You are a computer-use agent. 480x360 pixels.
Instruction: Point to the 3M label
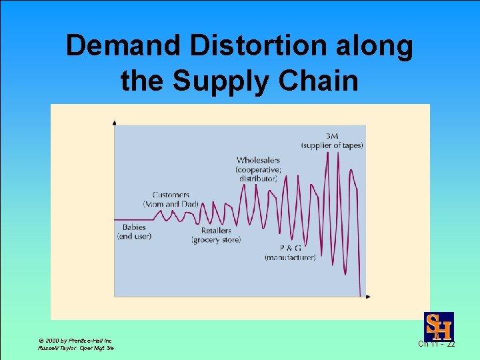(x=331, y=137)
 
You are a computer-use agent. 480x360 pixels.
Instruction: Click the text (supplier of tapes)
(x=331, y=145)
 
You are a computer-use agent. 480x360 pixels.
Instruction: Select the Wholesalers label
(x=258, y=160)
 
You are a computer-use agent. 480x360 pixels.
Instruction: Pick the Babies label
(x=134, y=227)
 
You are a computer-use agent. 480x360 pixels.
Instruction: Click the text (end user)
(x=134, y=236)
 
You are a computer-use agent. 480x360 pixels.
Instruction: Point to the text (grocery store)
(x=215, y=239)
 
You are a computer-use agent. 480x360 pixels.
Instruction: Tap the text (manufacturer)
(x=290, y=257)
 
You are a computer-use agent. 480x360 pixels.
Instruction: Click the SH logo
(x=439, y=327)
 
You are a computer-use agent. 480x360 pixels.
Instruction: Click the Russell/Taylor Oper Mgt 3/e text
(x=75, y=349)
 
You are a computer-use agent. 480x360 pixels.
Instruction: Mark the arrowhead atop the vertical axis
(x=115, y=123)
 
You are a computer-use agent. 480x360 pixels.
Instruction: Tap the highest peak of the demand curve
(x=329, y=152)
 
